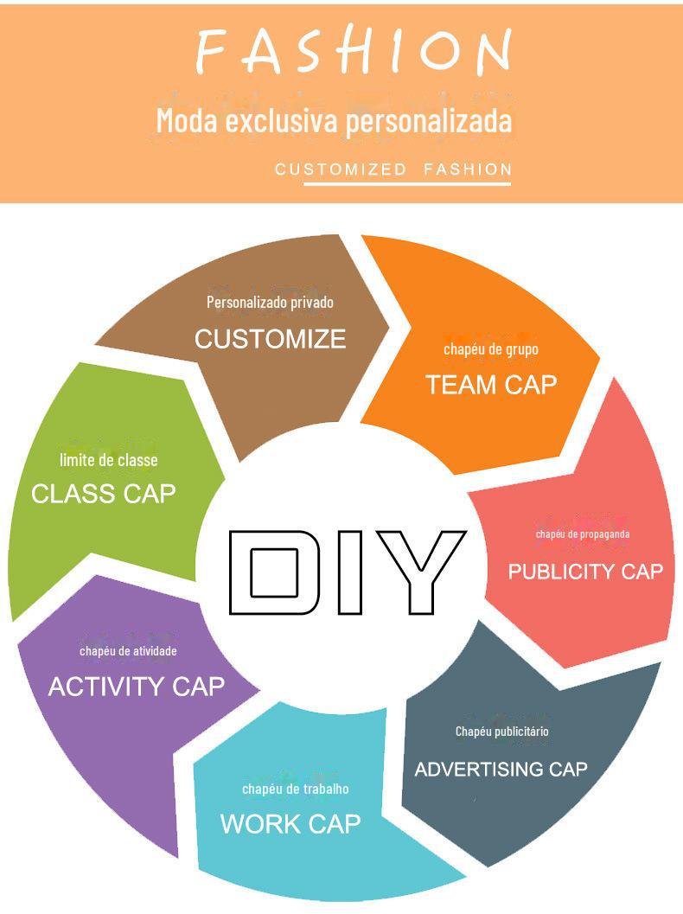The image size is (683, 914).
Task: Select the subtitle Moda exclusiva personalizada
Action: pyautogui.click(x=334, y=120)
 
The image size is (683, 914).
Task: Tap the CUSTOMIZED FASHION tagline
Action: pyautogui.click(x=393, y=169)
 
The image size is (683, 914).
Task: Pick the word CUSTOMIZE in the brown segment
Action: pyautogui.click(x=270, y=339)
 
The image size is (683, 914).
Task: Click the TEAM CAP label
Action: pyautogui.click(x=491, y=385)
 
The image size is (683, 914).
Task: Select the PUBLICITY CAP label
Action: pyautogui.click(x=585, y=572)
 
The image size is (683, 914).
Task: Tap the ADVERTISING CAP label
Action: pyautogui.click(x=501, y=769)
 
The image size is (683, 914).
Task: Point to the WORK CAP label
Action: pyautogui.click(x=290, y=823)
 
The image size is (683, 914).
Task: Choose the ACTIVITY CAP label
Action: pyautogui.click(x=137, y=687)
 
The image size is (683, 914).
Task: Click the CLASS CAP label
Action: pyautogui.click(x=104, y=494)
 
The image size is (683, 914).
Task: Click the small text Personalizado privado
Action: pyautogui.click(x=270, y=302)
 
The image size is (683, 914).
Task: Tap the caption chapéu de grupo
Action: pyautogui.click(x=491, y=349)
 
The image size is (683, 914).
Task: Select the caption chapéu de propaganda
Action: pyautogui.click(x=583, y=534)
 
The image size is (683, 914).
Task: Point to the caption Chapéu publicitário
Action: pyautogui.click(x=502, y=732)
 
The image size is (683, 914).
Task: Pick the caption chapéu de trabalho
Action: pyautogui.click(x=296, y=789)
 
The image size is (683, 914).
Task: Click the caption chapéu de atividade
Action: pyautogui.click(x=128, y=651)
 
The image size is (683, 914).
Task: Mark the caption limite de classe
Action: pyautogui.click(x=109, y=460)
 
